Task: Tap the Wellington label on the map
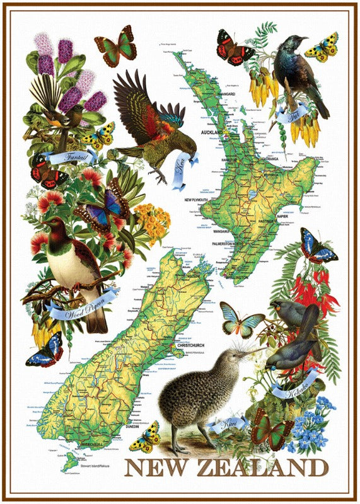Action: pyautogui.click(x=236, y=277)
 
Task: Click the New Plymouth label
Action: pyautogui.click(x=200, y=200)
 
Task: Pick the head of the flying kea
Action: pyautogui.click(x=178, y=140)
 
